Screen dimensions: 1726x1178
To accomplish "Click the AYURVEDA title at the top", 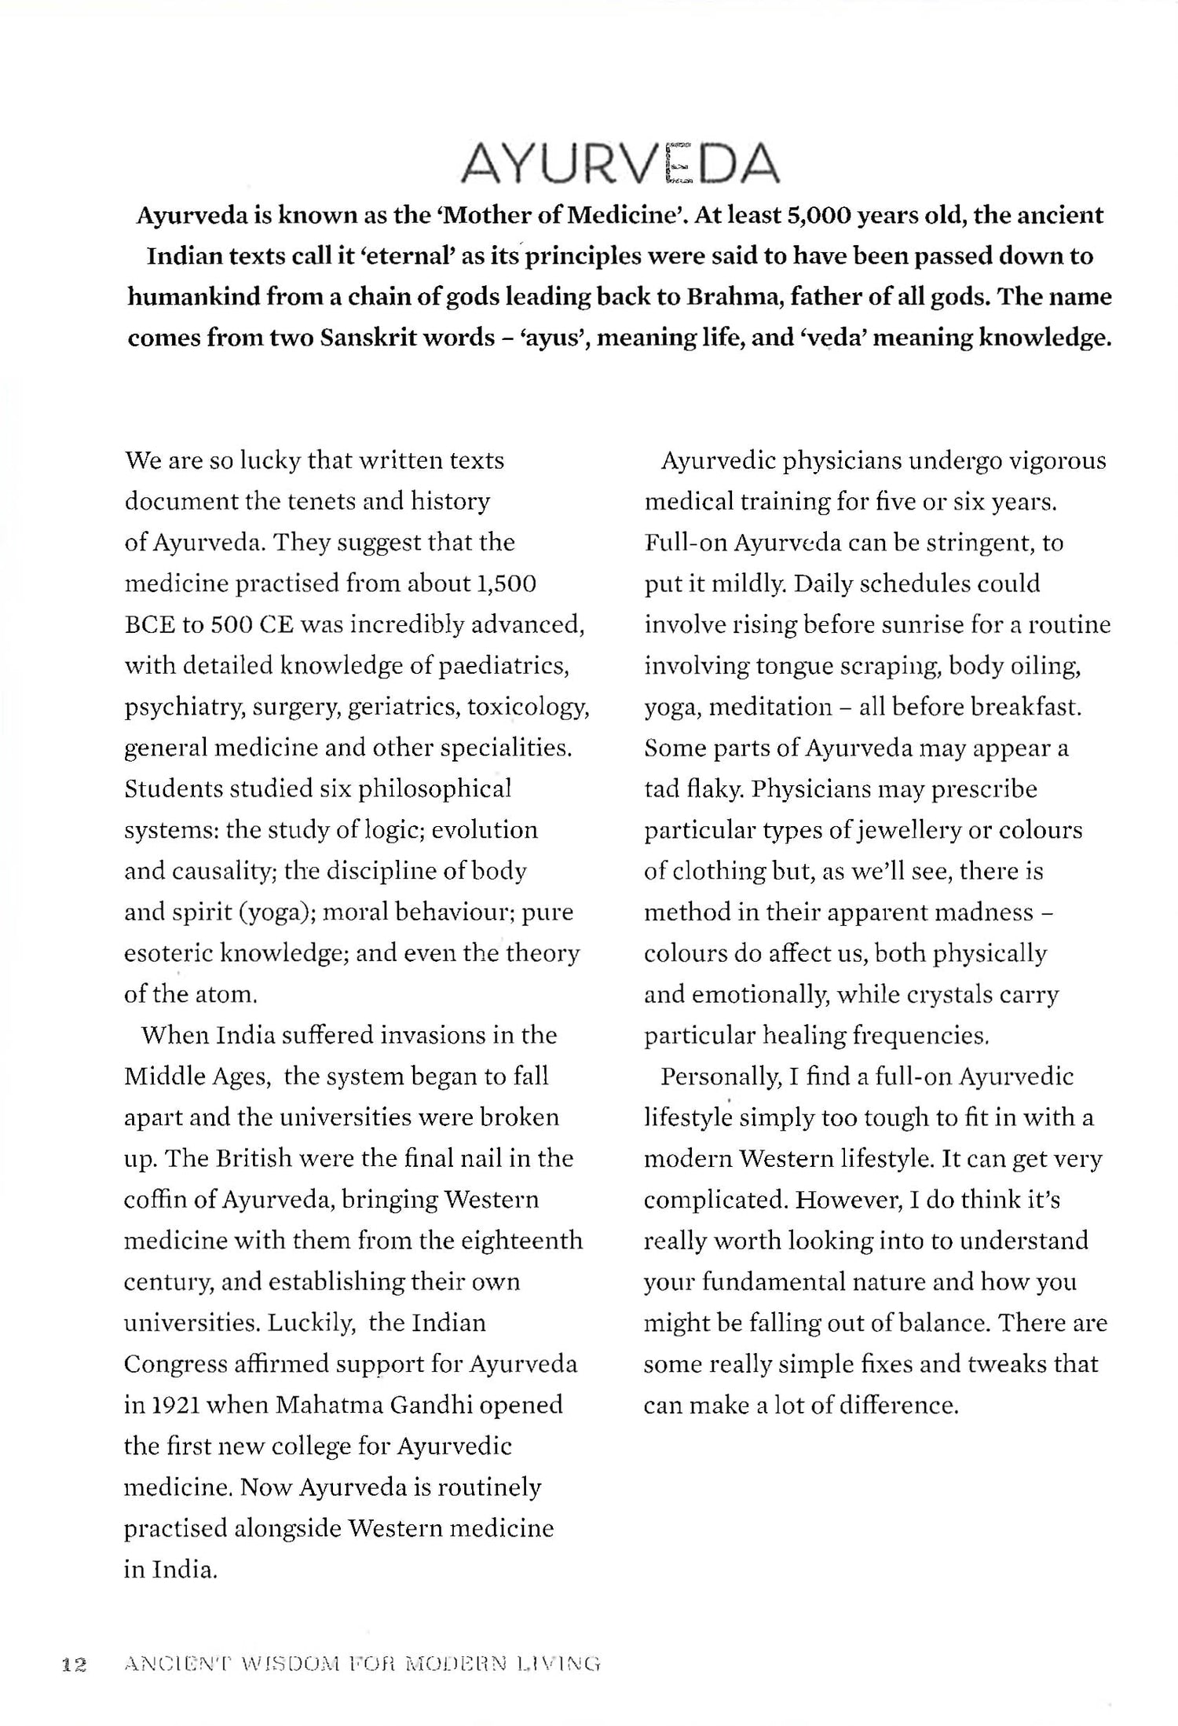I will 620,164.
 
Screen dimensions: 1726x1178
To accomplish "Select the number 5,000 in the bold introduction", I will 818,215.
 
